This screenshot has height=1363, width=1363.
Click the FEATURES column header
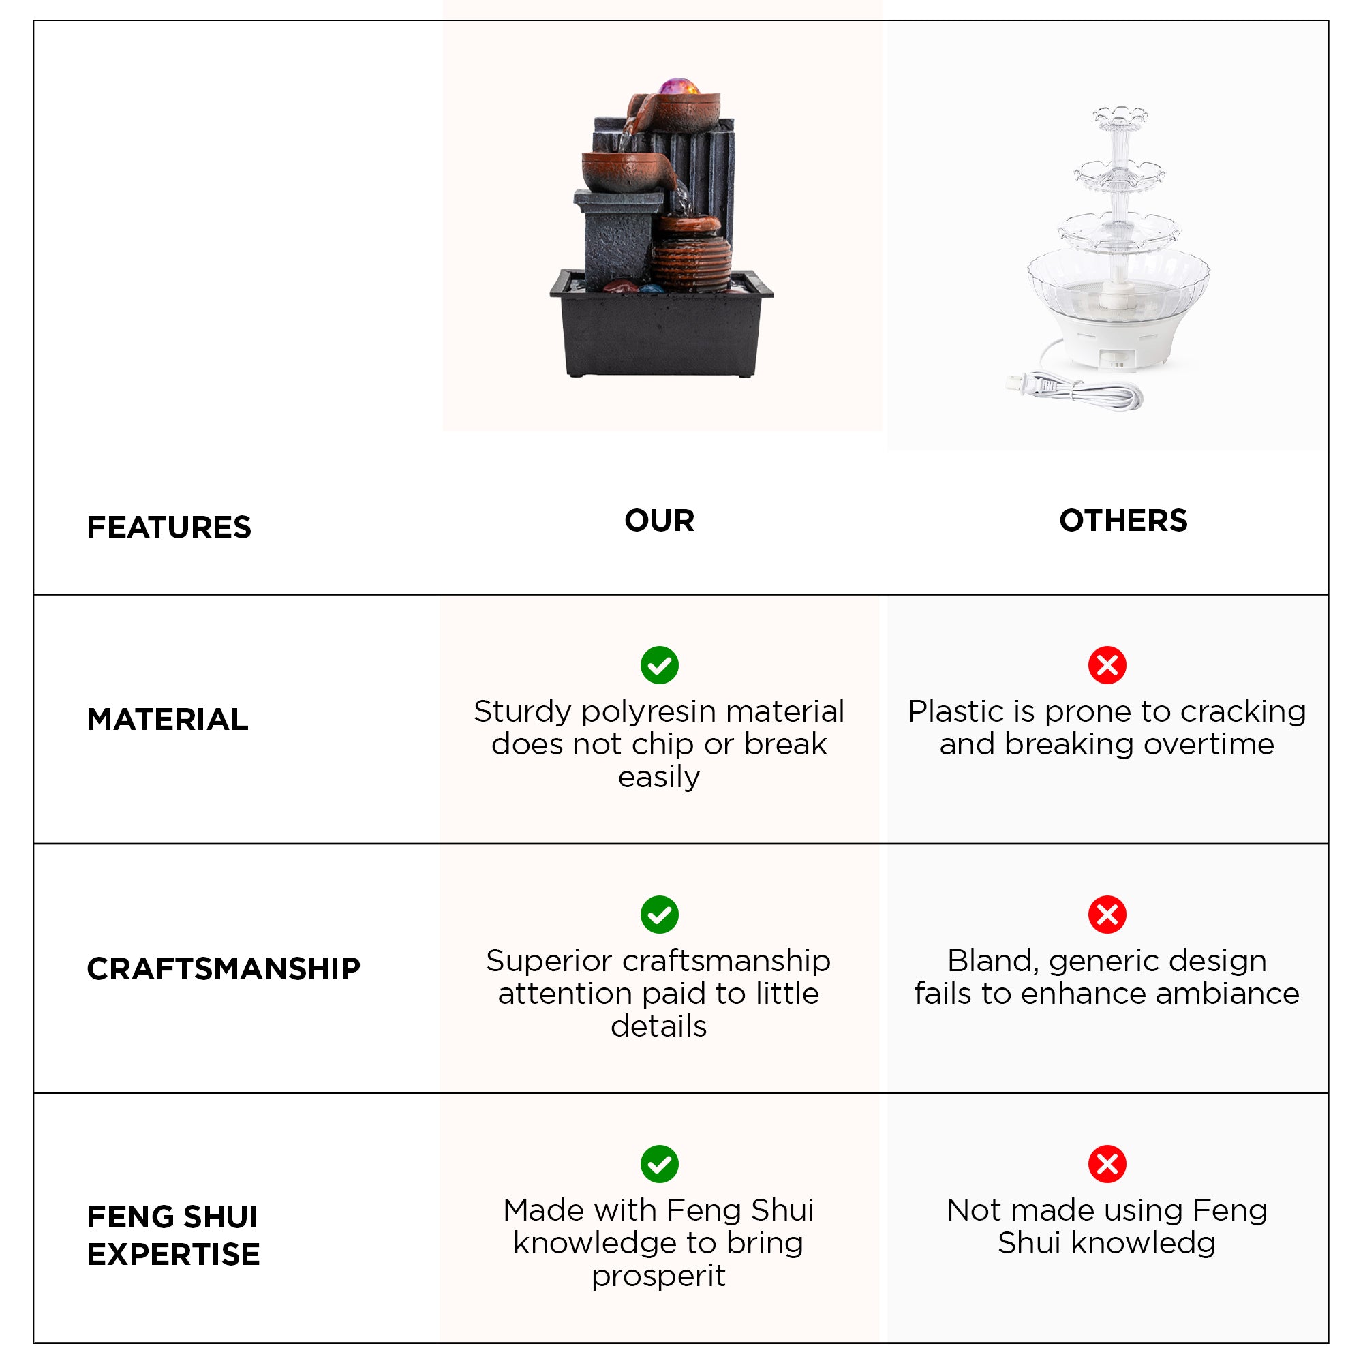[x=168, y=527]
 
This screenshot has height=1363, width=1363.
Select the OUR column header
[x=659, y=521]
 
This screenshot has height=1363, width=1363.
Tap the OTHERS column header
[x=1123, y=521]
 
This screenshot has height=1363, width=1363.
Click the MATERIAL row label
[x=167, y=720]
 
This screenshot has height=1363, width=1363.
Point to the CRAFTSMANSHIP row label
[x=223, y=968]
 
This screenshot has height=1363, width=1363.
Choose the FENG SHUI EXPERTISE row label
[x=173, y=1236]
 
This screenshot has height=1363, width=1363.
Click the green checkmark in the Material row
[x=660, y=665]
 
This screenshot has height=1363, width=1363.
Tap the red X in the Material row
[x=1107, y=665]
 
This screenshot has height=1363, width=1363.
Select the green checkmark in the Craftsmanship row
[x=660, y=915]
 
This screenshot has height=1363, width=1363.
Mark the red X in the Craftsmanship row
[x=1107, y=915]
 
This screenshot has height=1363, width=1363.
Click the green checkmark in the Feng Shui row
[x=660, y=1163]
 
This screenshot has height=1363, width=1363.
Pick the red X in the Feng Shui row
[x=1107, y=1163]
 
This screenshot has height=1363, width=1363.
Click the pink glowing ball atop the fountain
[x=679, y=87]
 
